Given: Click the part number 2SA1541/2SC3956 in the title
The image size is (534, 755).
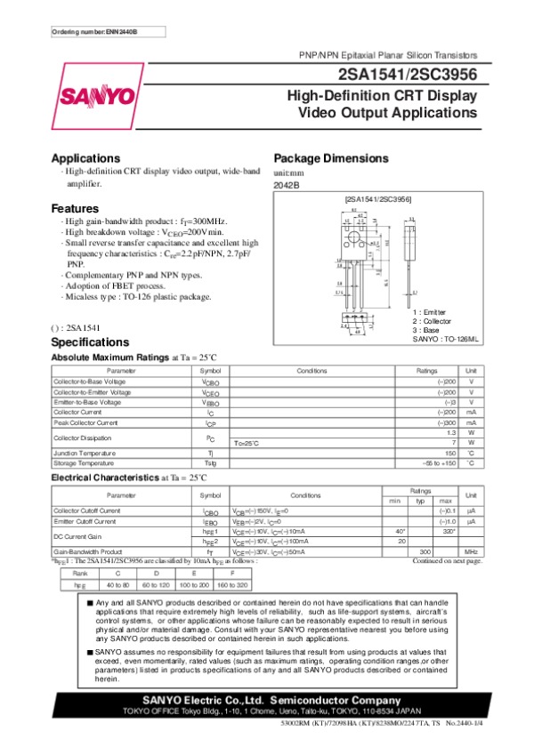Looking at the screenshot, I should pyautogui.click(x=408, y=75).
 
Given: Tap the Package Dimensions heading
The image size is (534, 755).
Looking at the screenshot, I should pyautogui.click(x=330, y=157).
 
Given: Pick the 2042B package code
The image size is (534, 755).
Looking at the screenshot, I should pyautogui.click(x=287, y=185).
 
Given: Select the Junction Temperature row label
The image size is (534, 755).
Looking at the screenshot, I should pyautogui.click(x=85, y=454).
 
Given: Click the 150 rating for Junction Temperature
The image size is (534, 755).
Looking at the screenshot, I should pyautogui.click(x=450, y=454).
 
